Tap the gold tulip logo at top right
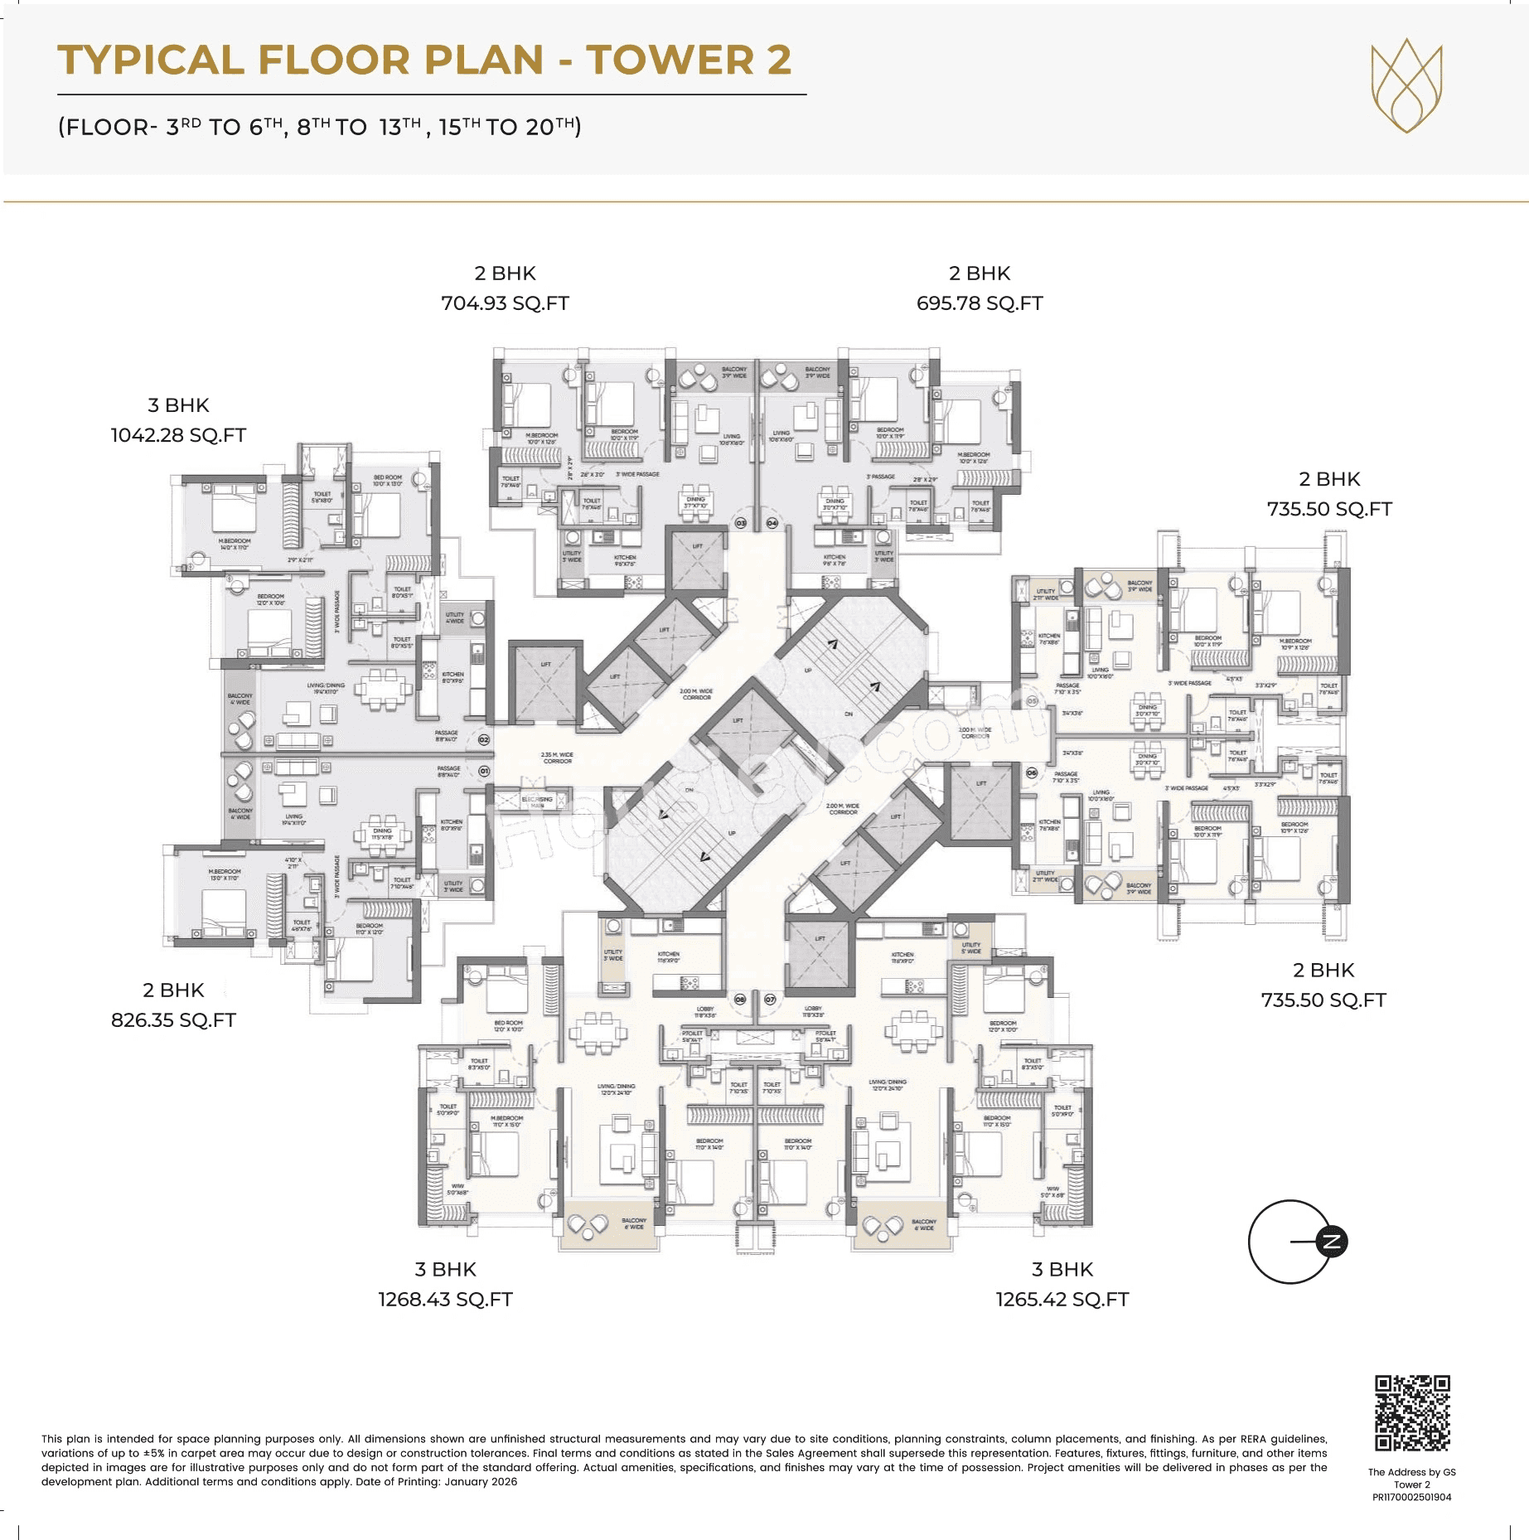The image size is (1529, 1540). tap(1406, 85)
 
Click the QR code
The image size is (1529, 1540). tap(1412, 1413)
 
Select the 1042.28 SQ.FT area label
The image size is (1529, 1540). tap(178, 435)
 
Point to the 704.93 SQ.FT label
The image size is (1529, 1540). tap(505, 303)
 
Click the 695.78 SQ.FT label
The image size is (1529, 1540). tap(979, 303)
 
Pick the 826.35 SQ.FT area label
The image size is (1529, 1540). tap(173, 1020)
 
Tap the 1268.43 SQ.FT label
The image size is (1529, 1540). tap(445, 1300)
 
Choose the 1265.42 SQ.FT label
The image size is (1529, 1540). tap(1062, 1300)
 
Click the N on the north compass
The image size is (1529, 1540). tap(1332, 1242)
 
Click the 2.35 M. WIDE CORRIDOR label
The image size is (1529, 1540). tap(557, 758)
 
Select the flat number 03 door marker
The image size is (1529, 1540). tap(741, 523)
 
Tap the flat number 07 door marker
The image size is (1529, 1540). tap(770, 1000)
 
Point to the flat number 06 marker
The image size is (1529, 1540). tap(1032, 772)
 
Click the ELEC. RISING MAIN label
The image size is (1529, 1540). tap(537, 801)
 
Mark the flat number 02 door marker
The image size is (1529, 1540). tap(484, 739)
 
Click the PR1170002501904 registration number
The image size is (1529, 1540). tap(1411, 1497)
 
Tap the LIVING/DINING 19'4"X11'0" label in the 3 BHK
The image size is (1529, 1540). tap(326, 688)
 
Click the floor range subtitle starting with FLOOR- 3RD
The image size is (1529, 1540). tap(319, 127)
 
